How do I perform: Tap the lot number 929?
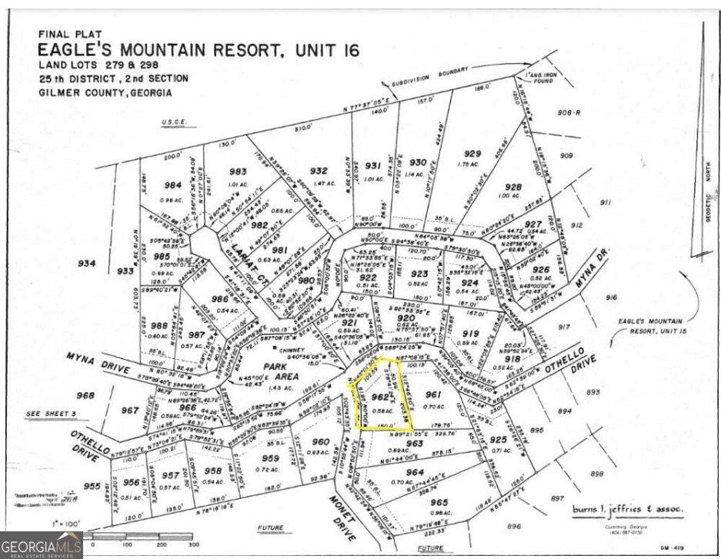pyautogui.click(x=472, y=154)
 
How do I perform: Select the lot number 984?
pyautogui.click(x=172, y=185)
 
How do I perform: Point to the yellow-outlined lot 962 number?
pyautogui.click(x=378, y=397)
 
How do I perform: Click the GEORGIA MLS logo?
pyautogui.click(x=41, y=547)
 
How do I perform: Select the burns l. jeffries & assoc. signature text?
pyautogui.click(x=627, y=508)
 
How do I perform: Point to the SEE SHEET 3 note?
pyautogui.click(x=51, y=414)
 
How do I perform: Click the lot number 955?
pyautogui.click(x=92, y=487)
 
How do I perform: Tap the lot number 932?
pyautogui.click(x=318, y=171)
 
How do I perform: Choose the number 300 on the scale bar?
pyautogui.click(x=196, y=544)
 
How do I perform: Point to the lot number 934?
pyautogui.click(x=87, y=263)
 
